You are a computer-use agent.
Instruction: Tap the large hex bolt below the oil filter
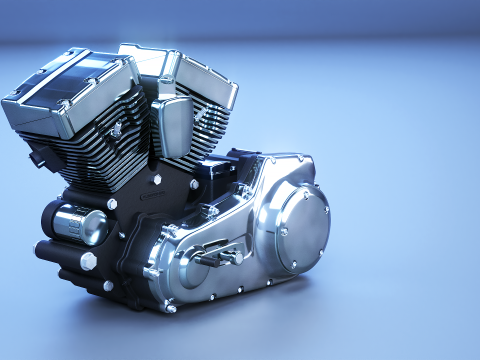click(x=88, y=261)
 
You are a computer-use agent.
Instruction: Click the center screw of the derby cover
click(x=284, y=231)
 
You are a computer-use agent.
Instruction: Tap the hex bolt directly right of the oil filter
click(x=112, y=204)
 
